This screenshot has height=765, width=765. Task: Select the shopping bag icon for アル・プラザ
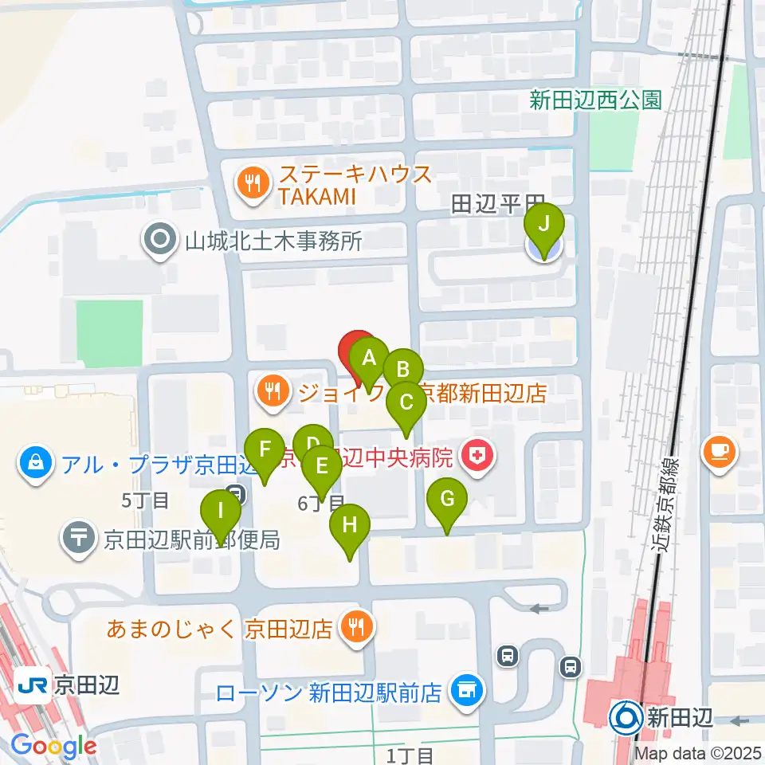(37, 461)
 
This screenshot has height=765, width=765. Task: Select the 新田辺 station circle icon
(624, 719)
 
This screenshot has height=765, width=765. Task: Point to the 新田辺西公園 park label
(596, 100)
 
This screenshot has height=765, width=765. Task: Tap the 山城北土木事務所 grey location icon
(161, 240)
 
